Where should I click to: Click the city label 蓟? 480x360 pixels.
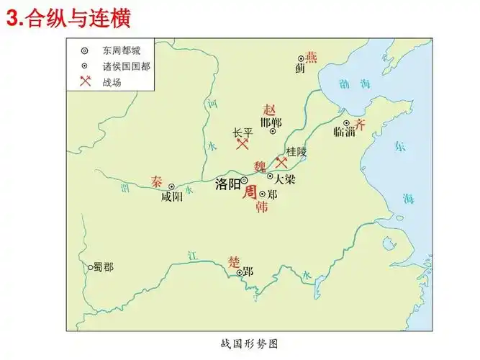pyautogui.click(x=300, y=69)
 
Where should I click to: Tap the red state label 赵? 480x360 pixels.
pyautogui.click(x=270, y=109)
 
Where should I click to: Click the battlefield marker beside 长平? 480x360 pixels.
pyautogui.click(x=242, y=144)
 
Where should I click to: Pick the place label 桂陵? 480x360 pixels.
pyautogui.click(x=296, y=152)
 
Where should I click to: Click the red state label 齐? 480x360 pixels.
pyautogui.click(x=361, y=123)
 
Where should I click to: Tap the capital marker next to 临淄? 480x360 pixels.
pyautogui.click(x=346, y=122)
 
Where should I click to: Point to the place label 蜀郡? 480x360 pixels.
pyautogui.click(x=102, y=267)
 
